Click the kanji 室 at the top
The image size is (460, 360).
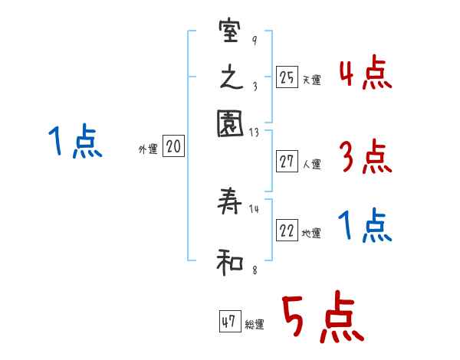point(230,34)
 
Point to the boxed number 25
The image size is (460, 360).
point(287,77)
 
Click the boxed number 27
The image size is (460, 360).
point(287,161)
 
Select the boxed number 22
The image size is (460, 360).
point(287,232)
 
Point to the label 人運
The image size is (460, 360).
point(311,163)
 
